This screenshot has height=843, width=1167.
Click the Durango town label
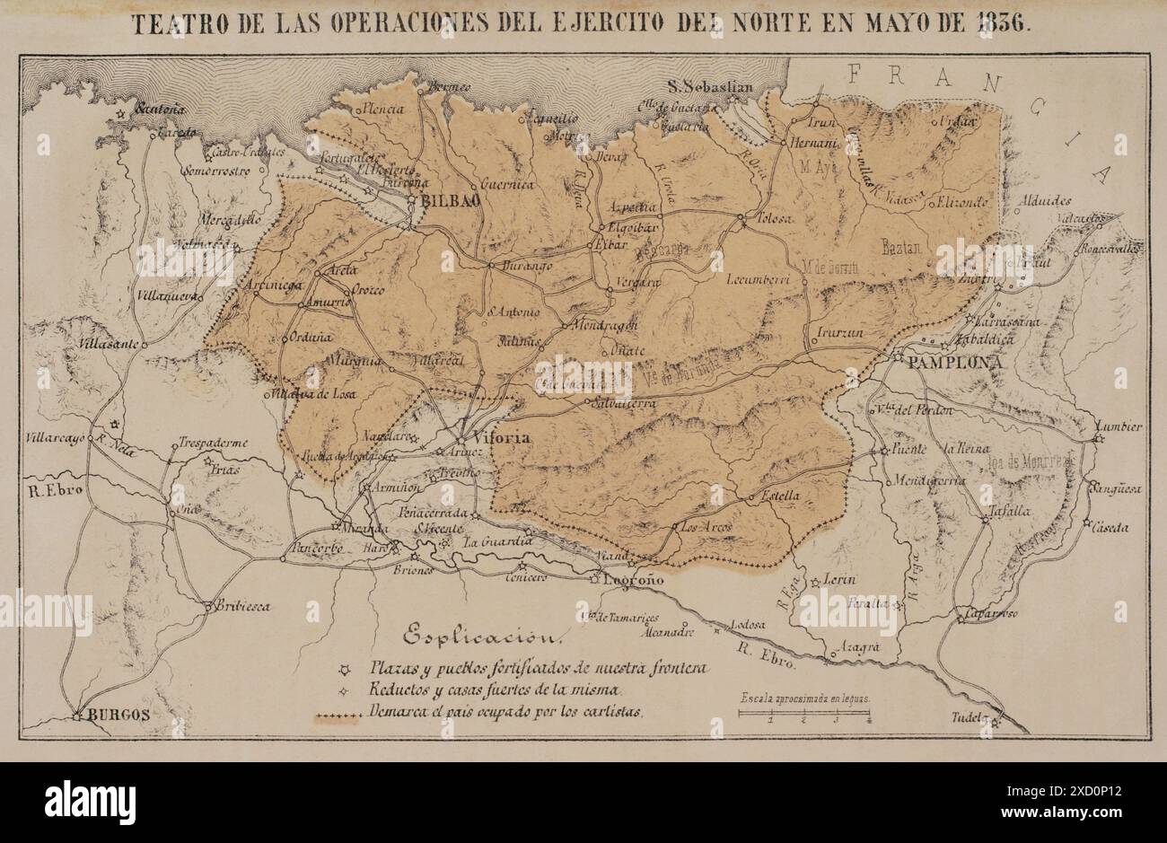pos(524,266)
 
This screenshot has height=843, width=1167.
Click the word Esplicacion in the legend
pos(483,637)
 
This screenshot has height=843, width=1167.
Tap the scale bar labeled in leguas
pos(804,713)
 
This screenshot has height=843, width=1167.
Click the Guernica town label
pos(507,184)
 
